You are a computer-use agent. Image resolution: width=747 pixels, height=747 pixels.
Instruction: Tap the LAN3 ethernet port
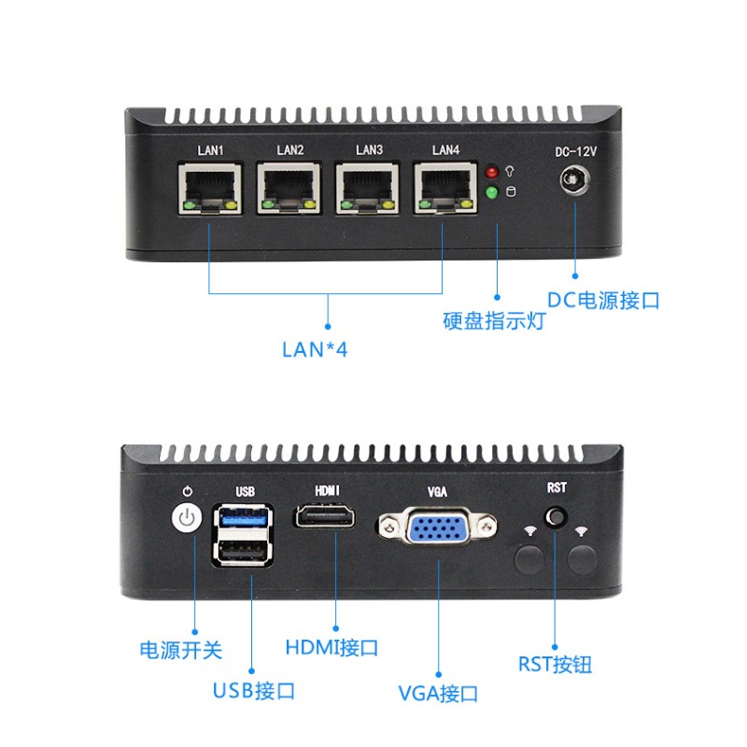pyautogui.click(x=368, y=190)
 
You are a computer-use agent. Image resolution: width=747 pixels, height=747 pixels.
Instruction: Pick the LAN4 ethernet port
pyautogui.click(x=446, y=190)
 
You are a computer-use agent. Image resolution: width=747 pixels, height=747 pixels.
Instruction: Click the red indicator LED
pyautogui.click(x=492, y=173)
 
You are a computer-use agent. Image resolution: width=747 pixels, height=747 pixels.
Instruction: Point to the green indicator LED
pyautogui.click(x=492, y=193)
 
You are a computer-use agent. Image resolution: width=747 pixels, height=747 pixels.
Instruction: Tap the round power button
pyautogui.click(x=189, y=518)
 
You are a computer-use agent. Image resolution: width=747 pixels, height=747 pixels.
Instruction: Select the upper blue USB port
pyautogui.click(x=245, y=518)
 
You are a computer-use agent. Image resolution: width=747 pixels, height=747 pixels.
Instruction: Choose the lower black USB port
pyautogui.click(x=245, y=552)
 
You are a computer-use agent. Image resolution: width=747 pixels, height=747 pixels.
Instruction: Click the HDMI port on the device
pyautogui.click(x=325, y=515)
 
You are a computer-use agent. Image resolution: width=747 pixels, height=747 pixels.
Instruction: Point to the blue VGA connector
pyautogui.click(x=437, y=530)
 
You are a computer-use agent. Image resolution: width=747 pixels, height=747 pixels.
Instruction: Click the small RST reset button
pyautogui.click(x=557, y=516)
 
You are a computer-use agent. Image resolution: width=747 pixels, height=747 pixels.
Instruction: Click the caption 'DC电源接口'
pyautogui.click(x=603, y=301)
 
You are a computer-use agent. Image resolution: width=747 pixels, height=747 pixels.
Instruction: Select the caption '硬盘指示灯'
pyautogui.click(x=494, y=322)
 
